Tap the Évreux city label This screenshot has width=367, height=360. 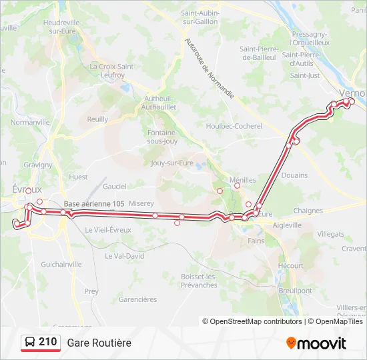27,189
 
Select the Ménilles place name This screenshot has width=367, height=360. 242,180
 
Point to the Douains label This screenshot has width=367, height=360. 294,175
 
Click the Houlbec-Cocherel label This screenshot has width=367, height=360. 234,125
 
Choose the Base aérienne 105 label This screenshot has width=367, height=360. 94,203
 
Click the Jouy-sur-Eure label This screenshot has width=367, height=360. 171,162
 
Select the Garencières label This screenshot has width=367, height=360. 137,299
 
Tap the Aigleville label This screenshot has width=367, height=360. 288,225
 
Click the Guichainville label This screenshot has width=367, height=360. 61,264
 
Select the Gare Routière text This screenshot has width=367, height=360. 99,343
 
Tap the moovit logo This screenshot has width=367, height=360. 316,343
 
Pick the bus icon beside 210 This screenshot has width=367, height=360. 30,343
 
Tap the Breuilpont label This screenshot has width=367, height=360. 296,291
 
